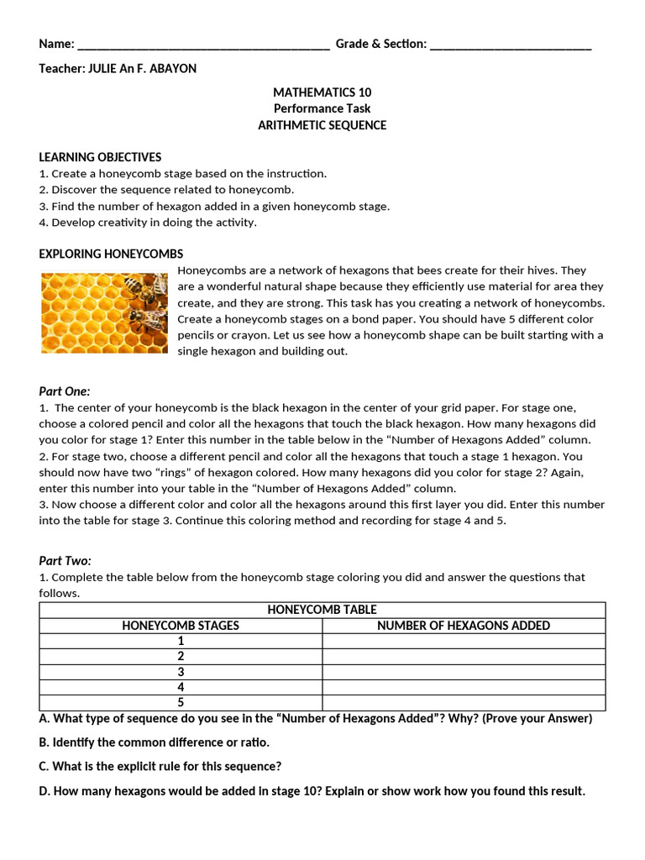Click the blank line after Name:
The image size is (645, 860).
202,45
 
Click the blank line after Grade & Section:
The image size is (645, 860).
511,45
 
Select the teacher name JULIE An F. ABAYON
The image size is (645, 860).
142,69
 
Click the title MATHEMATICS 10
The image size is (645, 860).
322,92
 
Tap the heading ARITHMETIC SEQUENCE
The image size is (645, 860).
322,125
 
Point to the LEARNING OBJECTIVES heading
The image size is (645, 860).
100,157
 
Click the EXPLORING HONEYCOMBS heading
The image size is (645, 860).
111,254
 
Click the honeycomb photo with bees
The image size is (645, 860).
104,313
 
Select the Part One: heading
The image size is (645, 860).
65,391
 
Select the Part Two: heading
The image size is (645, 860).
65,561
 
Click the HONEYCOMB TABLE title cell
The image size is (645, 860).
322,610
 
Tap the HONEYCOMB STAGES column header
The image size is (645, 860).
181,626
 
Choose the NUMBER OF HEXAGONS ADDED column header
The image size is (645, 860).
464,626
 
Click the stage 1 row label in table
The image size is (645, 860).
181,641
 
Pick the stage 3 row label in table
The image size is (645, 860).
181,672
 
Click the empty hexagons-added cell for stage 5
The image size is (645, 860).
464,703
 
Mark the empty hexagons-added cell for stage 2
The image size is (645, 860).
464,657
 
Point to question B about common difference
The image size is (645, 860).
155,742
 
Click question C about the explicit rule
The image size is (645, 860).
160,767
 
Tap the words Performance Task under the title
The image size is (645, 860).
322,108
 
